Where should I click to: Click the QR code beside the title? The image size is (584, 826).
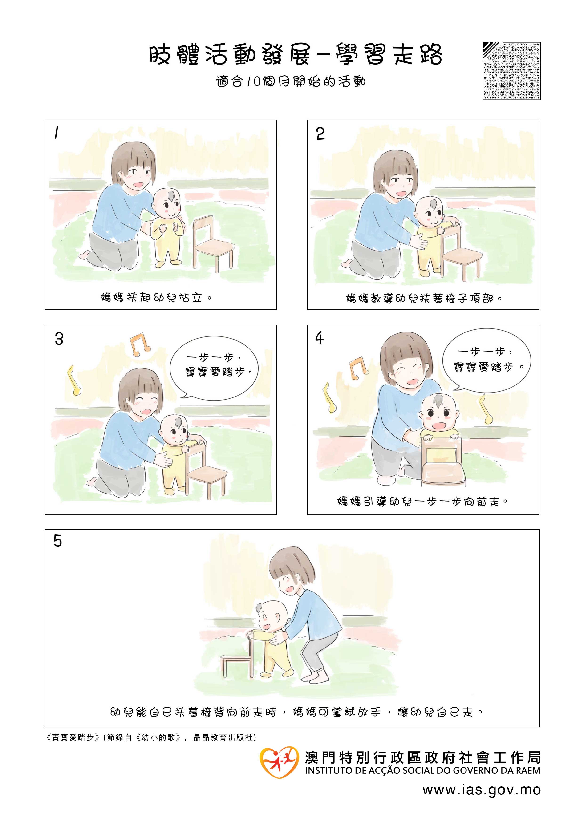coord(511,71)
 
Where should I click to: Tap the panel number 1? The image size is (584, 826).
coord(56,133)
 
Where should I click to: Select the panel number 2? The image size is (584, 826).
coord(320,134)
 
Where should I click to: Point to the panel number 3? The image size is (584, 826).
coord(59,339)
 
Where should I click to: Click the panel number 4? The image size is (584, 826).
coord(319,338)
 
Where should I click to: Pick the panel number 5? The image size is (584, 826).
coord(57,541)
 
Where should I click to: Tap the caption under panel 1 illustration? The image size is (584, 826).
coord(156,298)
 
